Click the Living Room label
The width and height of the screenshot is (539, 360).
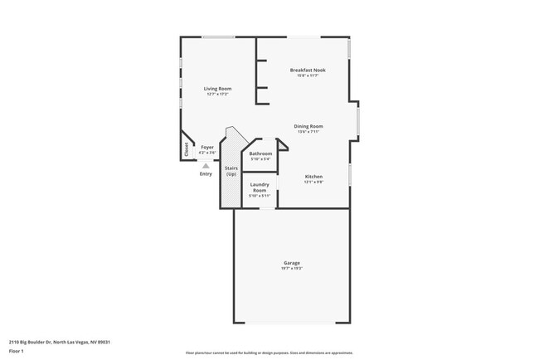pos(218,88)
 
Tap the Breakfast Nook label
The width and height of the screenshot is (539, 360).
pos(308,70)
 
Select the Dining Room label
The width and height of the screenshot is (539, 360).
pos(308,126)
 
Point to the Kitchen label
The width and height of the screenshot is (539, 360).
pos(313,176)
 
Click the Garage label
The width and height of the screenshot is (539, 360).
pos(291,263)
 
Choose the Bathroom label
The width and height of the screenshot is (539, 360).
pos(260,153)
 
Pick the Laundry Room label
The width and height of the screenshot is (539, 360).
pos(260,187)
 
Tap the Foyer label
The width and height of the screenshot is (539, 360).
pos(207,147)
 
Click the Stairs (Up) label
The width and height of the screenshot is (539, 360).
pos(231,171)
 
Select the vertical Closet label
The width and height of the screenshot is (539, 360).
pos(186,149)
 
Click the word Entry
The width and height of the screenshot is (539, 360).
pos(206,173)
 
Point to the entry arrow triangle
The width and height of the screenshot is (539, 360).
pos(206,165)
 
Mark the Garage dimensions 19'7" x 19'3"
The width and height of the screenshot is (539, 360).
pos(291,269)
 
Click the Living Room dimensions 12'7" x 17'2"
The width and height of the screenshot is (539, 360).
pos(218,94)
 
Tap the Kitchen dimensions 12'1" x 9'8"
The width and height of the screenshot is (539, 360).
pos(313,182)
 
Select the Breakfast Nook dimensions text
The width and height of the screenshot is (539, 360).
pos(308,75)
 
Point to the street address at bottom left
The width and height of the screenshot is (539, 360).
pos(60,341)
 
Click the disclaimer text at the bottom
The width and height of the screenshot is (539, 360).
pos(269,353)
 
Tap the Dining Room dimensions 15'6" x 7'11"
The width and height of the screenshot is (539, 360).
pos(308,132)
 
